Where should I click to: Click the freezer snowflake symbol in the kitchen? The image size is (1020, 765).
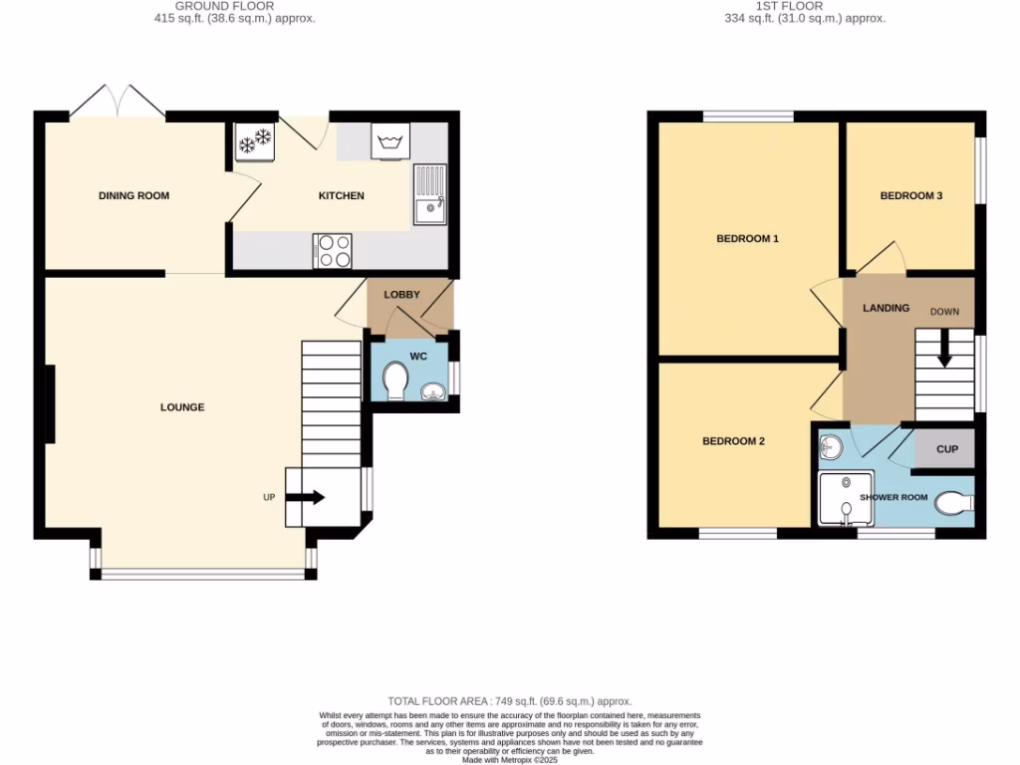(x=254, y=141)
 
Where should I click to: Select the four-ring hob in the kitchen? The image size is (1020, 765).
(x=333, y=250)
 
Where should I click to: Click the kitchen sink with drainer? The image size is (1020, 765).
(x=430, y=195)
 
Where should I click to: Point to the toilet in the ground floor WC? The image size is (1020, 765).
(x=395, y=380)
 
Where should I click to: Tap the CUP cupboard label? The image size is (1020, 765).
(x=946, y=449)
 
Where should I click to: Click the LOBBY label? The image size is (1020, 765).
(x=402, y=295)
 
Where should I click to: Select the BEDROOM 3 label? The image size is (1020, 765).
(x=910, y=196)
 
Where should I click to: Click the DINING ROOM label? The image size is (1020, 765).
(x=133, y=195)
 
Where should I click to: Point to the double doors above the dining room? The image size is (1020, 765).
(x=119, y=102)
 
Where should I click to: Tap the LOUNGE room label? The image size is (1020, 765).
(x=182, y=406)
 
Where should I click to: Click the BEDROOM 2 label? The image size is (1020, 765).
(x=733, y=441)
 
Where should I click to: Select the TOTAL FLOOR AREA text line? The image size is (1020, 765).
(x=509, y=702)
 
